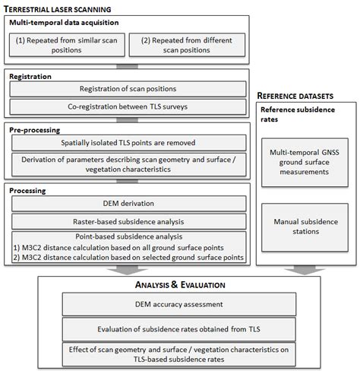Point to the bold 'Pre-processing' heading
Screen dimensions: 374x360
click(34, 131)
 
